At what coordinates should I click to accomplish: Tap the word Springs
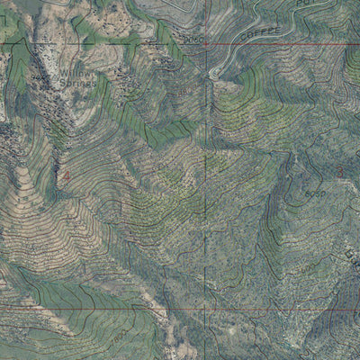click(77, 82)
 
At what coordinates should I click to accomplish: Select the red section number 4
click(66, 176)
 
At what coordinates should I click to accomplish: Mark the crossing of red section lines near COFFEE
click(206, 43)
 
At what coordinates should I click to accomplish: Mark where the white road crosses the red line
click(227, 43)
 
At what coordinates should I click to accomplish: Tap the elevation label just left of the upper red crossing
click(192, 40)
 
